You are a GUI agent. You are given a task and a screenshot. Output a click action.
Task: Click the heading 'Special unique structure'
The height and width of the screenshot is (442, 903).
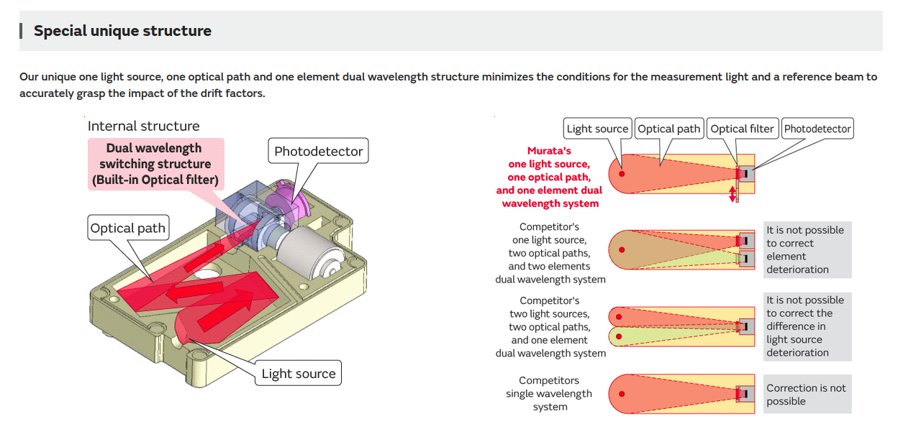point(122,31)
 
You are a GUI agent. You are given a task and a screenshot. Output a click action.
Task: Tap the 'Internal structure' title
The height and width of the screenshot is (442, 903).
point(143,126)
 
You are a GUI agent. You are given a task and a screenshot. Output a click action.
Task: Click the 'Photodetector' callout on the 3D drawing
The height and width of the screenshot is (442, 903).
point(319,152)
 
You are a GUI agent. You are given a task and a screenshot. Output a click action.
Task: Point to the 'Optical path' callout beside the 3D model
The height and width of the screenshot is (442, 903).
point(127,229)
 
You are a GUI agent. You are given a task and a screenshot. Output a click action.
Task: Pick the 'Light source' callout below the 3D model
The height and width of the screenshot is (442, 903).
point(298,374)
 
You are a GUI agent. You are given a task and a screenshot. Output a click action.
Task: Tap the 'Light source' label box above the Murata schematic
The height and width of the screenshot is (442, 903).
point(597,129)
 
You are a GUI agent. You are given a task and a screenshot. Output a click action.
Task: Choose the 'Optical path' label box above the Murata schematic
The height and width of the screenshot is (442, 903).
point(669,129)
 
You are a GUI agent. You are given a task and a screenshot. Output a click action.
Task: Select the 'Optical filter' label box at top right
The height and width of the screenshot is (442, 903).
point(742,129)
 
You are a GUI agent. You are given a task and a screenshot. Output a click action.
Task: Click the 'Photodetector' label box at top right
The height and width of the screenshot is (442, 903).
point(817,129)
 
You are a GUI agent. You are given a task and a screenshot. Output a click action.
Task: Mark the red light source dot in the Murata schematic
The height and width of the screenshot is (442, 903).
point(622,174)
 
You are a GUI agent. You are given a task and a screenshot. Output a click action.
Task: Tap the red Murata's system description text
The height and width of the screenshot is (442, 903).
point(550,178)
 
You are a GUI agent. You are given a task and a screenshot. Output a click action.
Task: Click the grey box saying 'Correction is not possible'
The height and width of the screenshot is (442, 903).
point(807,395)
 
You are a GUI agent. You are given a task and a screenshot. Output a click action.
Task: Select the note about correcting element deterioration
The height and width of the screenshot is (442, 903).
point(807,249)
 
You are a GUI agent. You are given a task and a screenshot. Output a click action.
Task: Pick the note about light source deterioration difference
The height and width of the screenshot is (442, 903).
point(807,326)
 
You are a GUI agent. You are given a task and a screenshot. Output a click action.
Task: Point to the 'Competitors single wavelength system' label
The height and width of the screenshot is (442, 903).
point(550,394)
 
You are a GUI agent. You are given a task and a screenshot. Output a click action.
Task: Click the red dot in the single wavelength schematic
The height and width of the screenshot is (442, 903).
point(622,394)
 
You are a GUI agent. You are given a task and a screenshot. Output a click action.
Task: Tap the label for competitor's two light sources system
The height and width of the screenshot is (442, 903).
point(550,327)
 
